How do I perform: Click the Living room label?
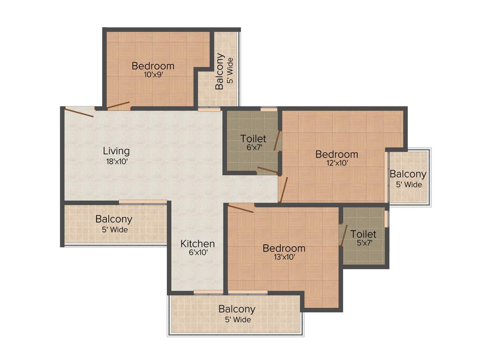click(116, 151)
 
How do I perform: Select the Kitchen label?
click(198, 244)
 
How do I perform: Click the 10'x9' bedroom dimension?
click(153, 75)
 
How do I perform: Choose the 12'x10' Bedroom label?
click(337, 154)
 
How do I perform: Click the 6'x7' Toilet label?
click(253, 139)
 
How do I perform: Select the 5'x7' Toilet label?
click(363, 233)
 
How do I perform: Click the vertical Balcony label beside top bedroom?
click(219, 71)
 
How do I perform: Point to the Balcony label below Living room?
click(114, 219)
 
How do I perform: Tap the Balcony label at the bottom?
click(237, 309)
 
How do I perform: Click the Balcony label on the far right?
click(408, 174)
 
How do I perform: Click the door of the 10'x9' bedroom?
click(118, 105)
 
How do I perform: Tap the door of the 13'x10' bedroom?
click(240, 208)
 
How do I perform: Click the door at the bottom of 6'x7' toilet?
click(268, 170)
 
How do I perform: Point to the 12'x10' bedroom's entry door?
click(283, 190)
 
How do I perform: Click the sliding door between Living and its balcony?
click(142, 202)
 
